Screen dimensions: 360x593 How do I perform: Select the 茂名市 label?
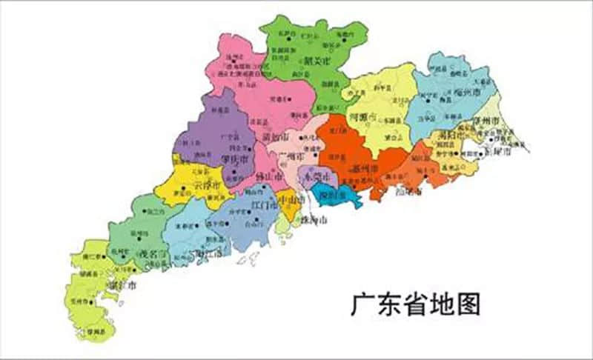pos(153,253)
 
